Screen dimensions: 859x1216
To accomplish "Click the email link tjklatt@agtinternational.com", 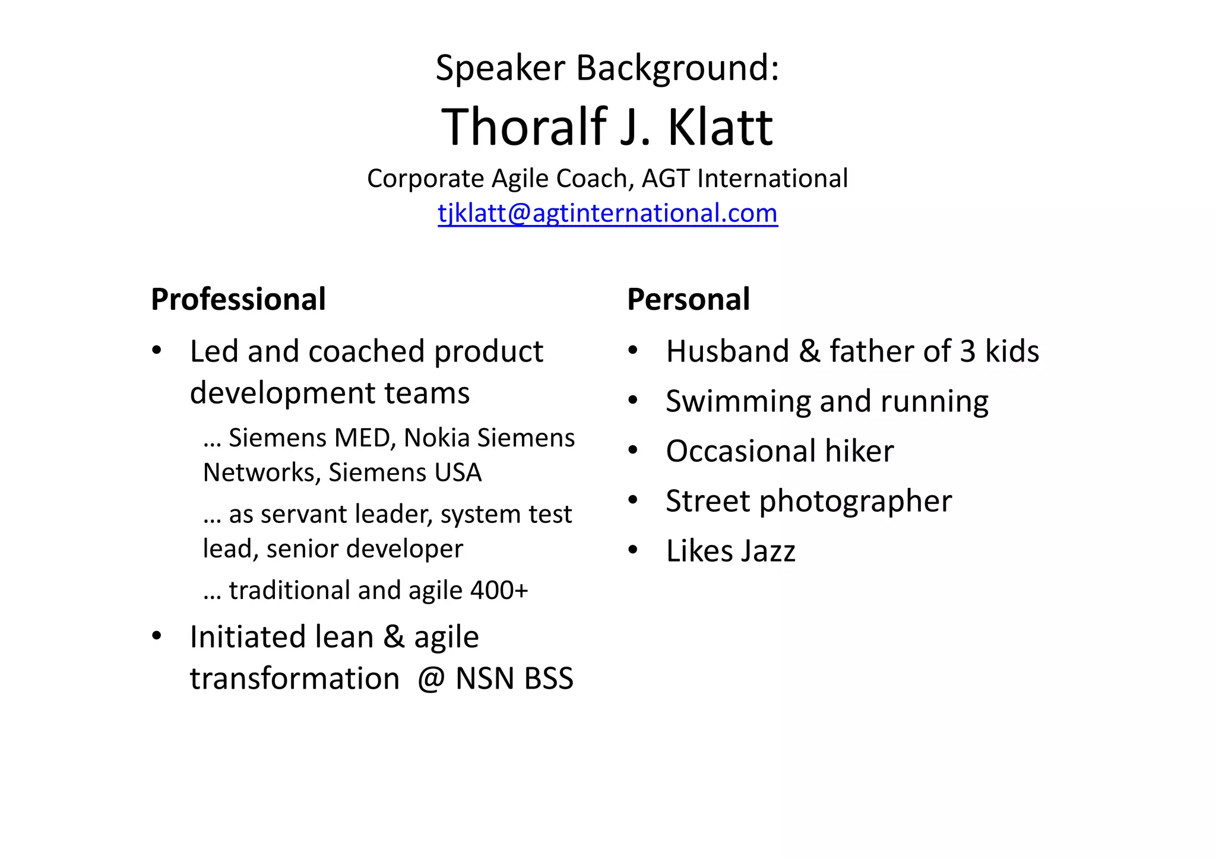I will click(x=607, y=213).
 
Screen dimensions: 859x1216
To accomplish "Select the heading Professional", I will click(x=238, y=299).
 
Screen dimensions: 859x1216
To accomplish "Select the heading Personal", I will click(x=688, y=299).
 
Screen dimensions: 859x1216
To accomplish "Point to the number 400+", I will click(x=499, y=590).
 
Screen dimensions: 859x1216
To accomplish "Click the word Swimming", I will click(x=737, y=402).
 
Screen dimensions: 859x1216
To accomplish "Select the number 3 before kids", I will click(x=967, y=351).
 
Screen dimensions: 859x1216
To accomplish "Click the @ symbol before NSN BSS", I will click(x=431, y=679).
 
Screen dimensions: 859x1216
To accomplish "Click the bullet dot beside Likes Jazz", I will click(x=633, y=550).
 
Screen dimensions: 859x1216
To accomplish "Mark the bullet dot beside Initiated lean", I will click(x=157, y=636).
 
